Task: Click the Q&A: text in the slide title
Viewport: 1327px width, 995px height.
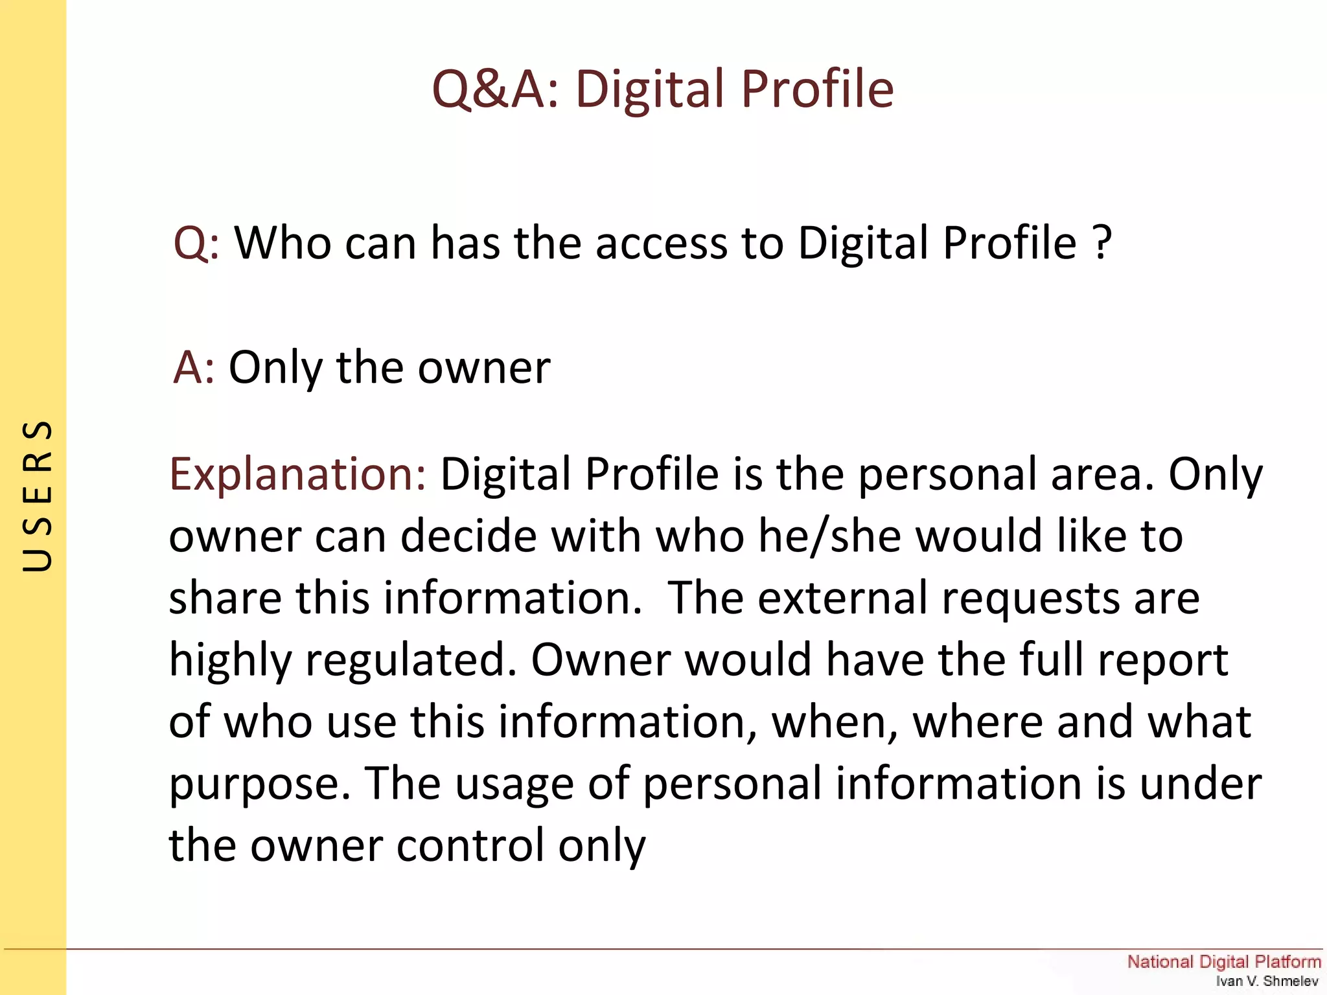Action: click(496, 89)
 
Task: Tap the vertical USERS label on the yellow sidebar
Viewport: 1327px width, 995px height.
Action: click(37, 496)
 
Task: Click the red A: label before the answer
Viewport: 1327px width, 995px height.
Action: click(193, 367)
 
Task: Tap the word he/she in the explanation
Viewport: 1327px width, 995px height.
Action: click(829, 536)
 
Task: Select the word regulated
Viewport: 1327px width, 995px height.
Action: click(411, 661)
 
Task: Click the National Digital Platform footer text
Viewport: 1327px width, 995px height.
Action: click(1223, 961)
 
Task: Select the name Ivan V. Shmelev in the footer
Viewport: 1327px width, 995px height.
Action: click(1267, 981)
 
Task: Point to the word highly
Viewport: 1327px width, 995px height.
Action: click(230, 661)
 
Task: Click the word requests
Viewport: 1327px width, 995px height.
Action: click(1030, 599)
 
